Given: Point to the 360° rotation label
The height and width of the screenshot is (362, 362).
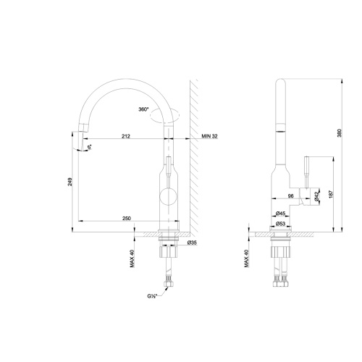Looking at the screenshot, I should pos(143,109).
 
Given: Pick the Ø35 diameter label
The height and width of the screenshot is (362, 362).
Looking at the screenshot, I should pos(193,242).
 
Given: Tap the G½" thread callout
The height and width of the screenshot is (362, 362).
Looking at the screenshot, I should pos(153,295).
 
